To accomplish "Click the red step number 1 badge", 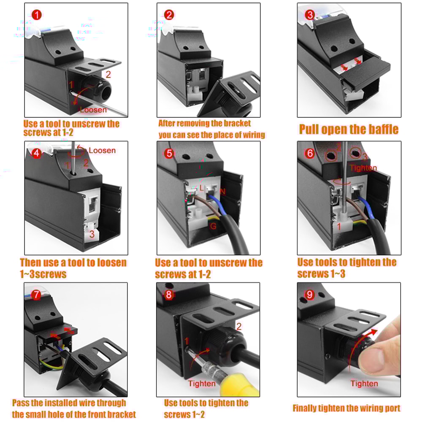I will [x=37, y=15].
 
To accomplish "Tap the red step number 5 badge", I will [x=169, y=153].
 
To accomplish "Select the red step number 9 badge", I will [x=310, y=295].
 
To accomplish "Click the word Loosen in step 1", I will [x=94, y=110].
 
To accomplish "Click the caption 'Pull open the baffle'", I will [x=349, y=129].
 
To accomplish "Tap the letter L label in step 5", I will [x=202, y=187].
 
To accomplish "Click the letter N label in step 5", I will [x=223, y=192].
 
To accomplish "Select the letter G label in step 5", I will [x=214, y=226].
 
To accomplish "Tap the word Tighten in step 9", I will [x=364, y=384].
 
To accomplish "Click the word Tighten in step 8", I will [x=202, y=384].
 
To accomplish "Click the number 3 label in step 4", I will [x=91, y=234].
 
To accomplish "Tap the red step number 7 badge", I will [x=37, y=295].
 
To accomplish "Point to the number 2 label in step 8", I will [x=239, y=326].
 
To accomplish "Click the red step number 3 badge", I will [x=310, y=15].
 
